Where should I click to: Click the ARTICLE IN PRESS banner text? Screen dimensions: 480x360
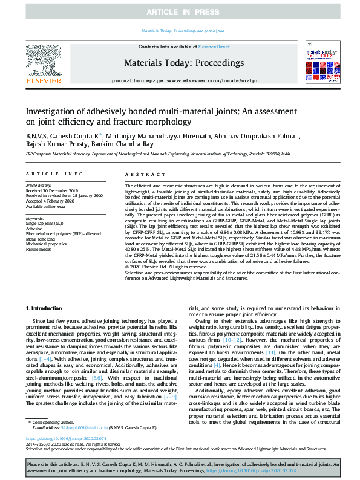click(x=180, y=12)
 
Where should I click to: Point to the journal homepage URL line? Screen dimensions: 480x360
click(x=180, y=80)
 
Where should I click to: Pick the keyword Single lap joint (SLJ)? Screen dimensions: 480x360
click(x=45, y=222)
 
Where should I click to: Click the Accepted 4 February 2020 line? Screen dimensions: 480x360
click(x=50, y=202)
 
